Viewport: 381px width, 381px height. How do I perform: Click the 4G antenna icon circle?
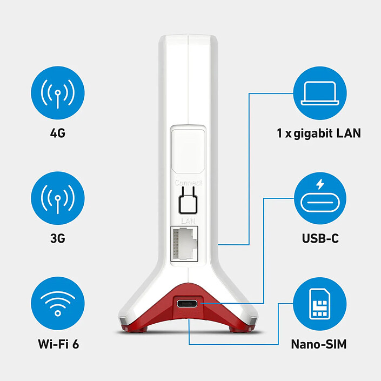(58, 93)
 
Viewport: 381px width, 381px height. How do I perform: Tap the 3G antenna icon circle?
(58, 198)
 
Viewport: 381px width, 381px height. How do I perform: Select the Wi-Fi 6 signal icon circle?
(58, 304)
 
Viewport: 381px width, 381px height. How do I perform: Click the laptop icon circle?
(320, 93)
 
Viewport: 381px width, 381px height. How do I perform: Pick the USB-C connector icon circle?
(320, 198)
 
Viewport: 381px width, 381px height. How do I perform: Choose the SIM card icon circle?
(320, 304)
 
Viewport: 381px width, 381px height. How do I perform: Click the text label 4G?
(58, 133)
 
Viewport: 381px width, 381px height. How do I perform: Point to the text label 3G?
(58, 238)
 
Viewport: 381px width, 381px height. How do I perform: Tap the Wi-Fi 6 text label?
(58, 344)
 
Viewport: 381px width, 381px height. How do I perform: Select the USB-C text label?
(320, 238)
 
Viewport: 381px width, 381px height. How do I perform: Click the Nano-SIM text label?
(319, 344)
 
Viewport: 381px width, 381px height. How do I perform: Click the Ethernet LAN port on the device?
(184, 244)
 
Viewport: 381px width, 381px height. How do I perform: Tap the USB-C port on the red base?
(187, 304)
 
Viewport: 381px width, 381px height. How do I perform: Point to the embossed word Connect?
(188, 183)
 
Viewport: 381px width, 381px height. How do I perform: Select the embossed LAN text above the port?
(188, 220)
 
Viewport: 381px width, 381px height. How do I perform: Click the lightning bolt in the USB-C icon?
(320, 184)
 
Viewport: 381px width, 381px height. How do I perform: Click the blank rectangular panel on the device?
(188, 151)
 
